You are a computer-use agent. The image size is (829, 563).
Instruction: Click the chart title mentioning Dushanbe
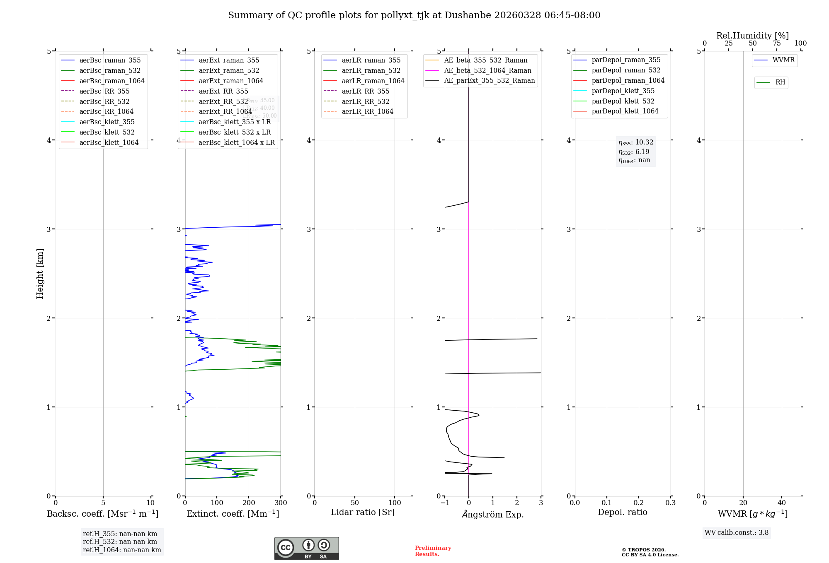[414, 15]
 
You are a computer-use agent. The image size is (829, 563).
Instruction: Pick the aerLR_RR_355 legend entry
[365, 91]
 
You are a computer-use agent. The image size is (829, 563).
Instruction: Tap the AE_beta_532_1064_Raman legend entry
[487, 70]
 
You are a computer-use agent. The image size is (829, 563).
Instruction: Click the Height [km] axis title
[40, 273]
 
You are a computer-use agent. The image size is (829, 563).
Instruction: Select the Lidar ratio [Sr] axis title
[363, 512]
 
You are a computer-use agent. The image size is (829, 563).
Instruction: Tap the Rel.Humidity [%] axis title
[752, 36]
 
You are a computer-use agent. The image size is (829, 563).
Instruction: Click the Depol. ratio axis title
[622, 512]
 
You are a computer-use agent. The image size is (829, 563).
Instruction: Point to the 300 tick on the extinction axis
[281, 503]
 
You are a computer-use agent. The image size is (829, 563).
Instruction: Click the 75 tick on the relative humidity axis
[776, 43]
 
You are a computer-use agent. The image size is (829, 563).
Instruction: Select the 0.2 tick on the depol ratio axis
[639, 503]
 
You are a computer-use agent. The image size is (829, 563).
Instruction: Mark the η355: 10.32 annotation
[635, 142]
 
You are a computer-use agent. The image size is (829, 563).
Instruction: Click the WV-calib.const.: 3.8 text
[736, 533]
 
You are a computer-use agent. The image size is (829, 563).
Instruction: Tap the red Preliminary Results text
[433, 551]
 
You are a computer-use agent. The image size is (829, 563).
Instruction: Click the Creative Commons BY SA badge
[306, 548]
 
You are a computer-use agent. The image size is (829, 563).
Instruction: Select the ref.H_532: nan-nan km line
[120, 541]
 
